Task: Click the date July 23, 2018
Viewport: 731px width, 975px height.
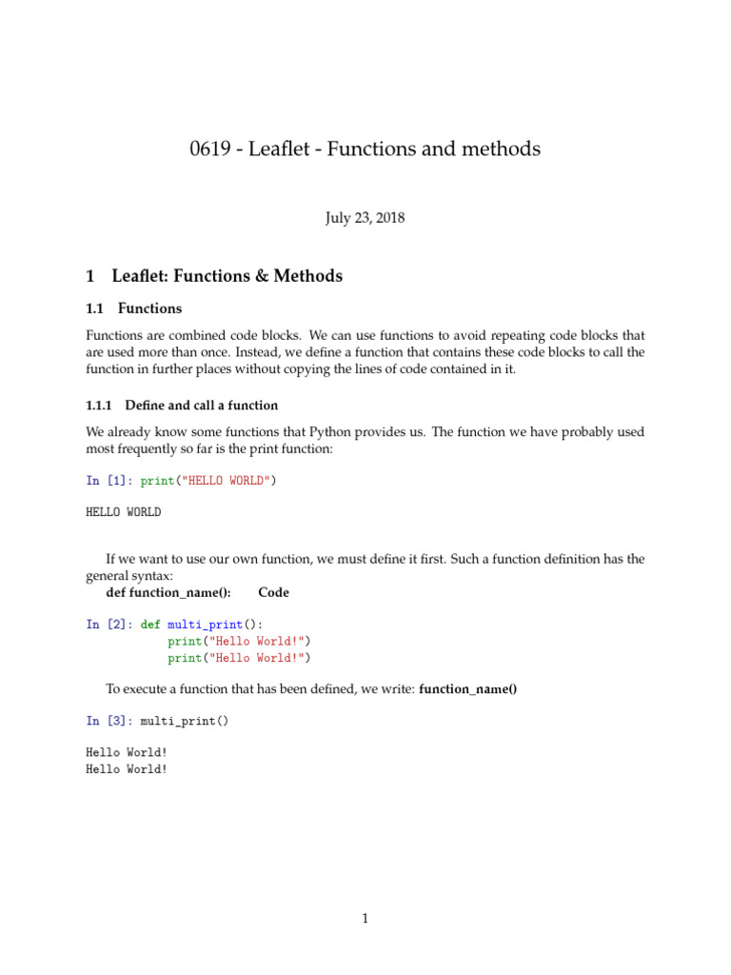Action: point(365,218)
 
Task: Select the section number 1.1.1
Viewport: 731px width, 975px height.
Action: point(102,407)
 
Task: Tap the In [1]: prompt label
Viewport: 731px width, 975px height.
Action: point(109,481)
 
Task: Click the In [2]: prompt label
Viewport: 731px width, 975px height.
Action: point(109,625)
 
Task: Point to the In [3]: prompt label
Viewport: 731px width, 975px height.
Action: point(109,721)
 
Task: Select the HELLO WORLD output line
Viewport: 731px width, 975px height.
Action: point(124,512)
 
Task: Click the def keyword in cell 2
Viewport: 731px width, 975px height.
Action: point(150,625)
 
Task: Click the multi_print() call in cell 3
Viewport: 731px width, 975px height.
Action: point(185,721)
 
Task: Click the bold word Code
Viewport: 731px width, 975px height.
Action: point(273,592)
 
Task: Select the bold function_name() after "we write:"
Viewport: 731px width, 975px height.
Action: point(467,688)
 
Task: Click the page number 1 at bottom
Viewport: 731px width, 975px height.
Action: point(365,919)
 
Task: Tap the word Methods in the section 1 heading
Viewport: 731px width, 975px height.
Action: point(307,276)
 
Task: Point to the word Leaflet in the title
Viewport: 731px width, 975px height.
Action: point(283,149)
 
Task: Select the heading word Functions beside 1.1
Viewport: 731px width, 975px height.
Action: point(149,308)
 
